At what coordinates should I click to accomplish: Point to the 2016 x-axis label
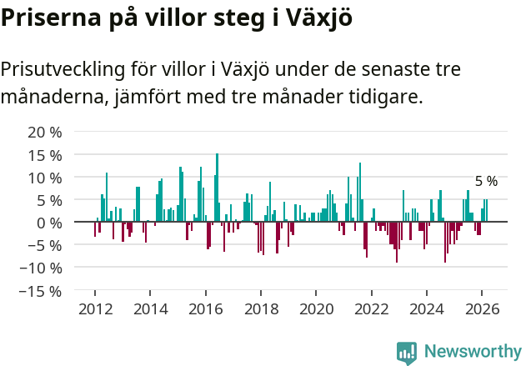tap(206, 309)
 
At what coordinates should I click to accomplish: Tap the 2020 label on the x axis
tap(316, 309)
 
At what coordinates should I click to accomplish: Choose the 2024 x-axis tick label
tap(427, 309)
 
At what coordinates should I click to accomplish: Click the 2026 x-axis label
tap(482, 309)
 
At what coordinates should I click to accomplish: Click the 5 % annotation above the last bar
tap(486, 181)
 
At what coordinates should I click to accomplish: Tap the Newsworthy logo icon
tap(406, 352)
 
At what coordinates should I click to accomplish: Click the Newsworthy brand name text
tap(473, 352)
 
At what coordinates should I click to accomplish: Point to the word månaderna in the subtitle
tap(51, 98)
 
